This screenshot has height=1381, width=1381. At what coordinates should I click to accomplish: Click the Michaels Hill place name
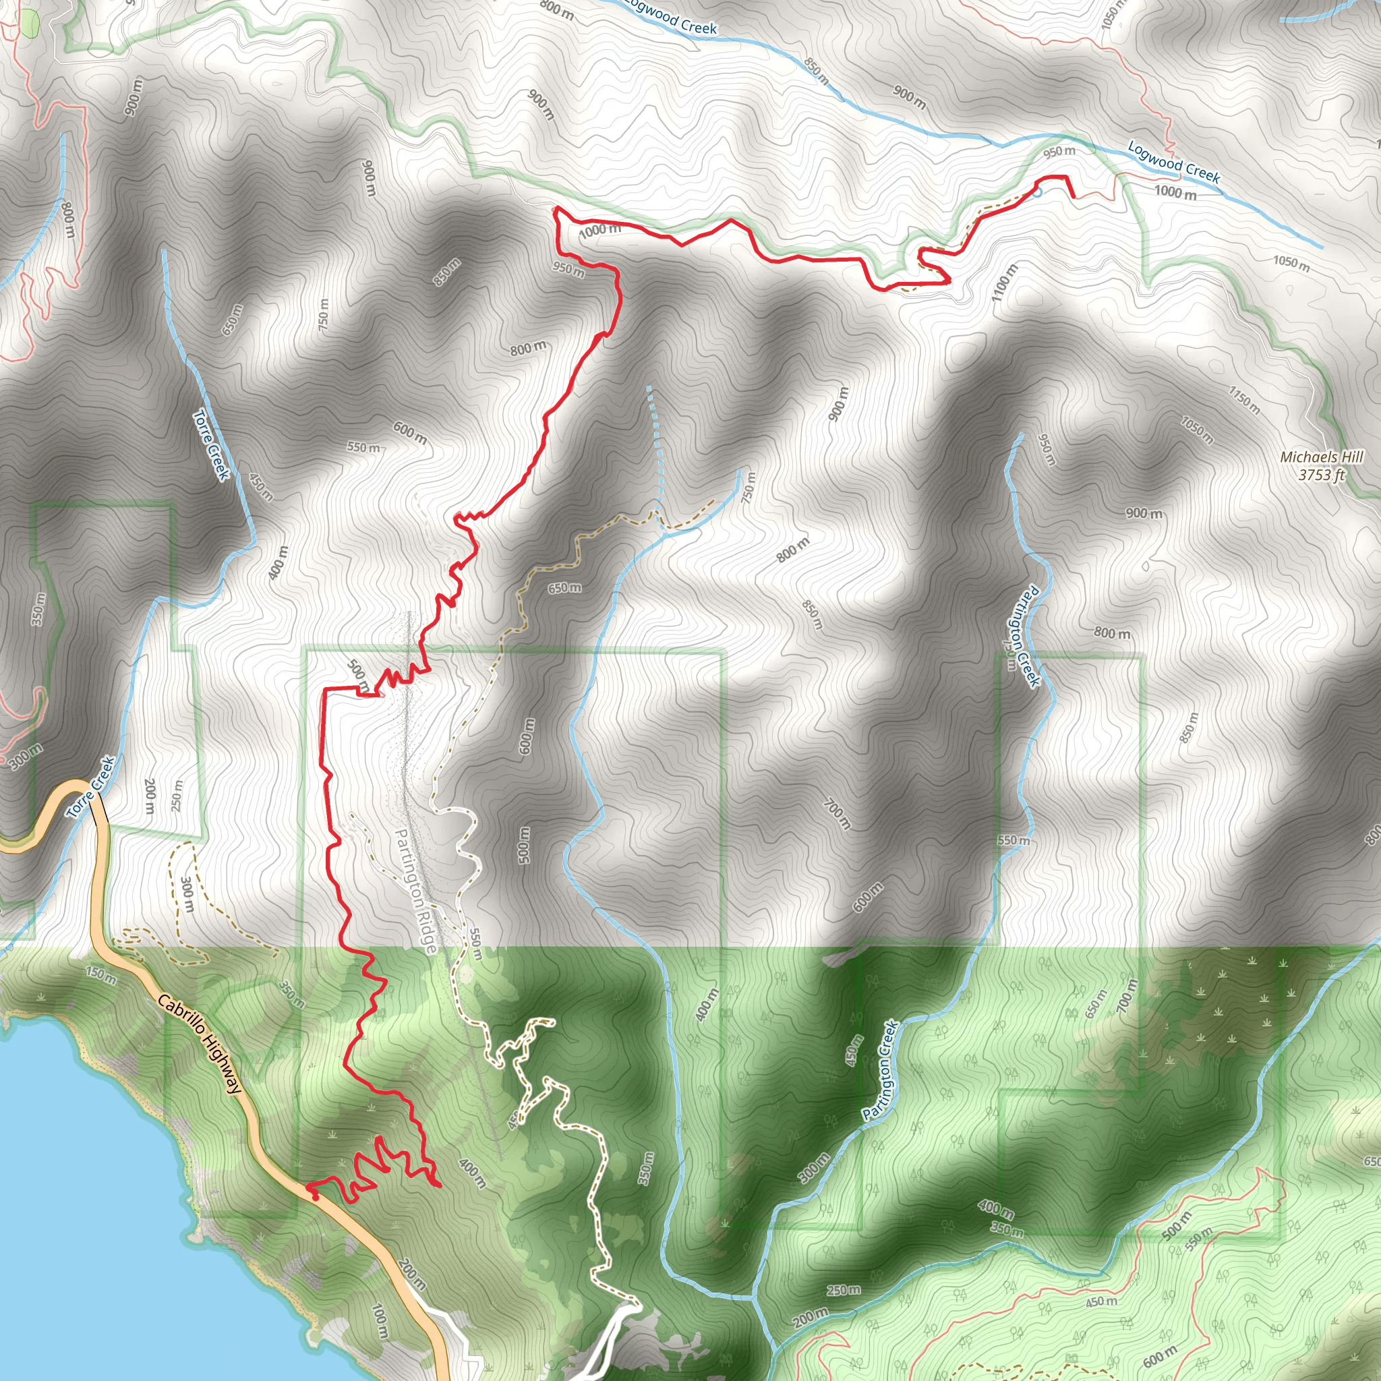1322,457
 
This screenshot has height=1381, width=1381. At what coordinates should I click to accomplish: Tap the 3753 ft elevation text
1322,474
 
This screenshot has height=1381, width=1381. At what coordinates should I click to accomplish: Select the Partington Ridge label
414,891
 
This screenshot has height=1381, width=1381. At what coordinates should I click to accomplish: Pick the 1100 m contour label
1004,282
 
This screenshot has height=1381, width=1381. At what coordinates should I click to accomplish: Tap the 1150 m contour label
1243,400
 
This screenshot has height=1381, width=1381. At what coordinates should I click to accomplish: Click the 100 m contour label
380,1321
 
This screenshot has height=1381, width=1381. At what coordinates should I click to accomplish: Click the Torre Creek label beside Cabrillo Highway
91,787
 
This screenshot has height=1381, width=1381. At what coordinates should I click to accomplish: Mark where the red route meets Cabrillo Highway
310,1187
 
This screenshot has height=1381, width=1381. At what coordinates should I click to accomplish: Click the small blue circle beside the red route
1037,192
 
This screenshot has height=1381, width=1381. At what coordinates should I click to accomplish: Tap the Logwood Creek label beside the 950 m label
1174,162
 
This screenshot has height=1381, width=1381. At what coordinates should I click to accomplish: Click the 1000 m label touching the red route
599,229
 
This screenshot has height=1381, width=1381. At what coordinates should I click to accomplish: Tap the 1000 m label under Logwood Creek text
1175,192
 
